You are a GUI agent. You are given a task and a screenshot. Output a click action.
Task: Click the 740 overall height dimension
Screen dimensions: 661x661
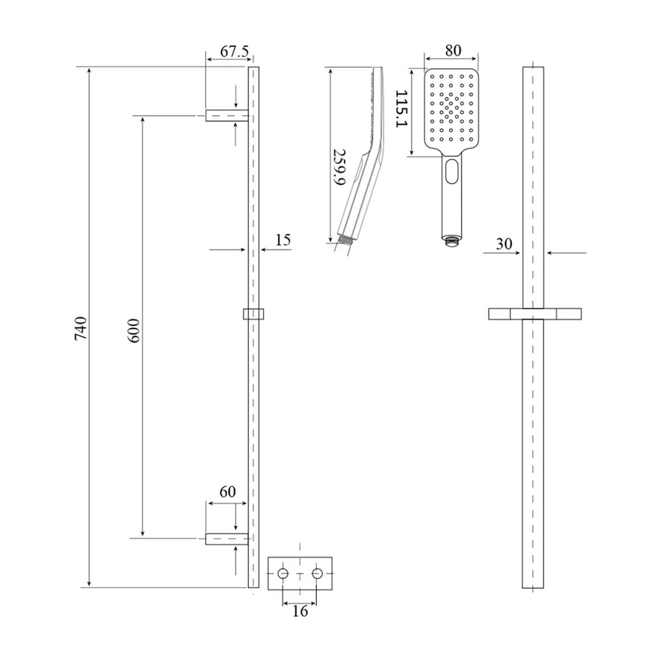(x=81, y=328)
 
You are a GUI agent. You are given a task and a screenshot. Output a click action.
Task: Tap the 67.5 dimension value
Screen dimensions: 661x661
(x=235, y=51)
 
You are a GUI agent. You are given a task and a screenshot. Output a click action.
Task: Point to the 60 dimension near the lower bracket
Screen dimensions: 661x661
(x=227, y=492)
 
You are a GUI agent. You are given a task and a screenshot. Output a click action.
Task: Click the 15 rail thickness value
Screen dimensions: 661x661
(x=283, y=240)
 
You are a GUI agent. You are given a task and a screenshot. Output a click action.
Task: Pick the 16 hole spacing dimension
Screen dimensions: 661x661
(x=300, y=611)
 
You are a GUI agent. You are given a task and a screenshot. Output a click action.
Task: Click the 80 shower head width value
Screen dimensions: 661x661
(x=453, y=50)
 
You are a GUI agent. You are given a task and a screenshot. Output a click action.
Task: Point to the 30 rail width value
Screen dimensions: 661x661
(x=503, y=244)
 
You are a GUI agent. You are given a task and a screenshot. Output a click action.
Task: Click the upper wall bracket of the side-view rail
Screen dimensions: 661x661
(x=226, y=115)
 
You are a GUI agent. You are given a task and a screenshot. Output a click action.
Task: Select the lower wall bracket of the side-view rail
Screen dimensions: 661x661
(x=226, y=539)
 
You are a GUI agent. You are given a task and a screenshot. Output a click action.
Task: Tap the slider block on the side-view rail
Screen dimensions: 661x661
(x=254, y=313)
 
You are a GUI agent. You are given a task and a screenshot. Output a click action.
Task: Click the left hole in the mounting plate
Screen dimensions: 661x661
(x=283, y=573)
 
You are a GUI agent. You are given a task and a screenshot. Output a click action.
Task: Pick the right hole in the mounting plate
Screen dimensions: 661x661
(x=317, y=573)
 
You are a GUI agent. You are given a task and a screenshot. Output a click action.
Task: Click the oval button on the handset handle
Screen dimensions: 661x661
(x=452, y=171)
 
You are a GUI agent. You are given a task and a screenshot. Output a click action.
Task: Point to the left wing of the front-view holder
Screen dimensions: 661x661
(x=500, y=313)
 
